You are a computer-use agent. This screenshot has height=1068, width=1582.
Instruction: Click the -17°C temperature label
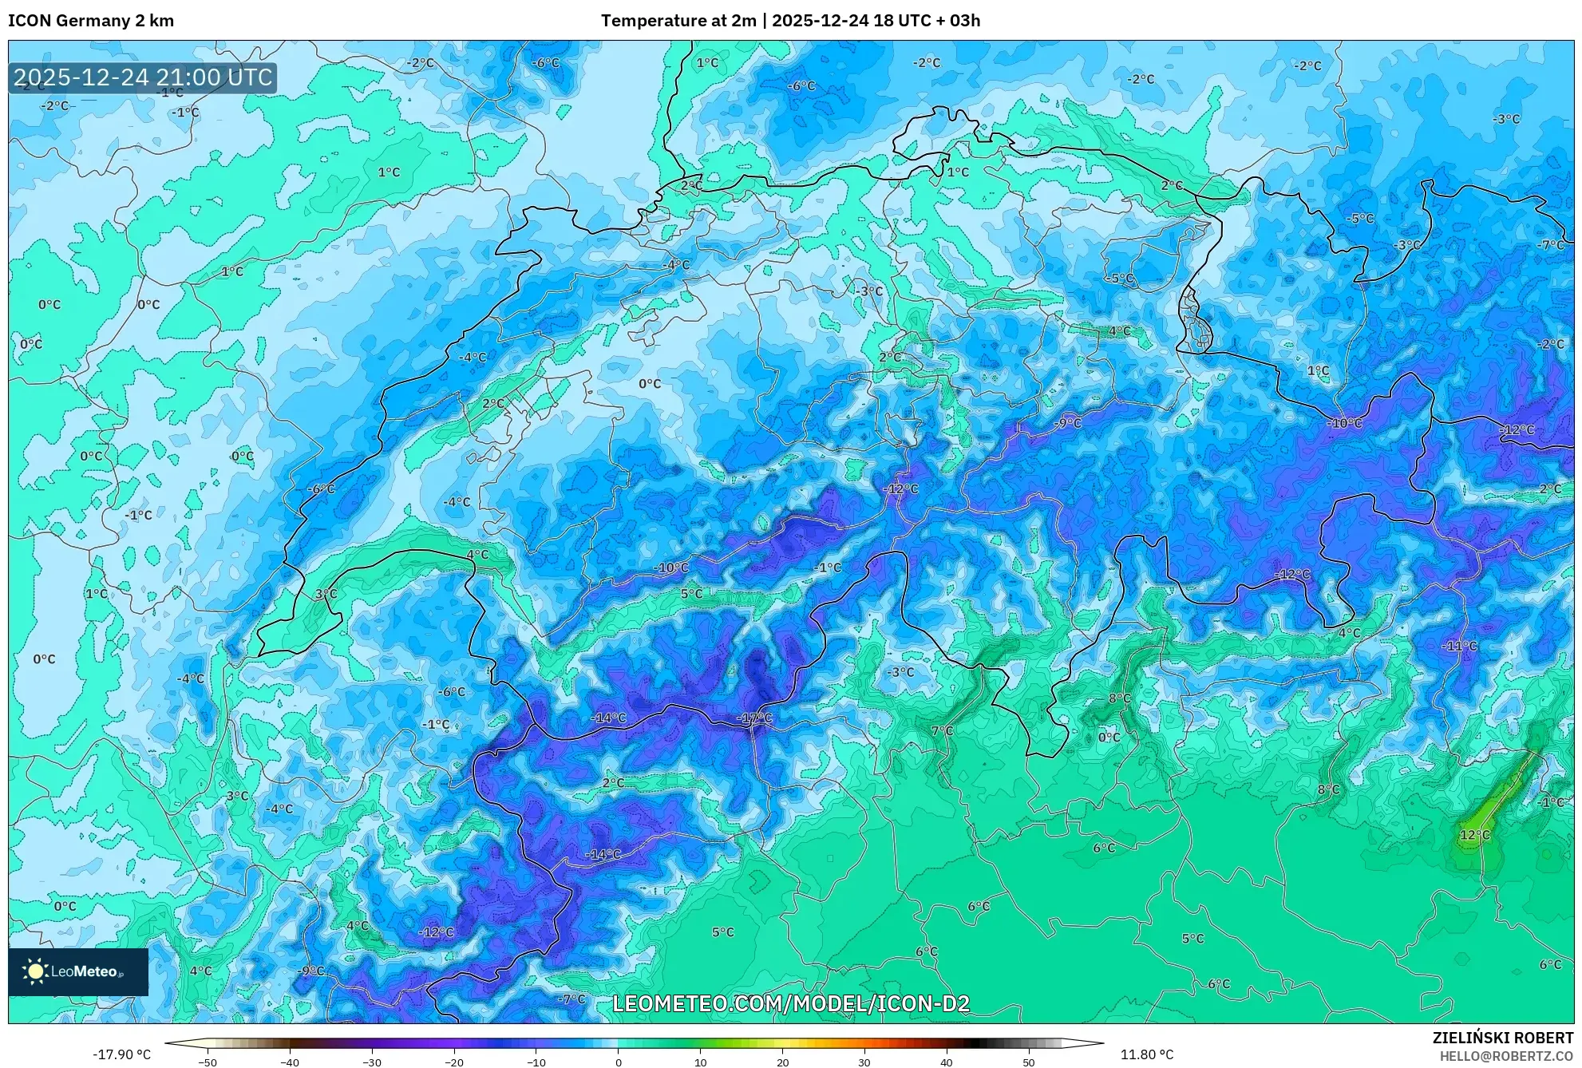point(754,718)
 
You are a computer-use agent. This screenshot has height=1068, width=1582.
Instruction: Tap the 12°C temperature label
point(1474,835)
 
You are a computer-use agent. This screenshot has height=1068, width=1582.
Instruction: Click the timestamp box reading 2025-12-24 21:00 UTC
point(143,77)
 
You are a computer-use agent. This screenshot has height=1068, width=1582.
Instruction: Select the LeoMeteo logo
point(77,971)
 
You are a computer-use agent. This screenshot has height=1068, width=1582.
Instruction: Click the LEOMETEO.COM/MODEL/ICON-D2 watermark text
point(791,1003)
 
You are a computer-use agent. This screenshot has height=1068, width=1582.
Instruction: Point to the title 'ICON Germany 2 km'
point(91,21)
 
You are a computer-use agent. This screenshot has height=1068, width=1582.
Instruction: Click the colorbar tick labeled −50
point(207,1062)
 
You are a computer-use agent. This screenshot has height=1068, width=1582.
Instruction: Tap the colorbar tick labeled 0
point(618,1062)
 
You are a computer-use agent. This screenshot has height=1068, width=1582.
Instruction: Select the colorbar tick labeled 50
point(1029,1062)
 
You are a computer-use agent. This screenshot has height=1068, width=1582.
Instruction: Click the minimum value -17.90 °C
point(121,1054)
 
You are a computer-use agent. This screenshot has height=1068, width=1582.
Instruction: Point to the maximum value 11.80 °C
point(1147,1054)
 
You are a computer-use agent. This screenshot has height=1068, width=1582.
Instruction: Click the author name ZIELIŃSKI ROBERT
point(1503,1038)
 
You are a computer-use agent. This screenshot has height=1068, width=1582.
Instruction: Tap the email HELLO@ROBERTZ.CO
point(1506,1056)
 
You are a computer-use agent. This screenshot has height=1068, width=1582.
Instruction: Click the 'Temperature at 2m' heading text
point(678,21)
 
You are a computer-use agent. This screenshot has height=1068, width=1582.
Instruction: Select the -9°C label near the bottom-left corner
point(310,971)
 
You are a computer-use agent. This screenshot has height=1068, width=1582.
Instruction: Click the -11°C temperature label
point(1460,646)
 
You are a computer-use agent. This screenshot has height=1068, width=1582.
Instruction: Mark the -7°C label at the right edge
point(1552,245)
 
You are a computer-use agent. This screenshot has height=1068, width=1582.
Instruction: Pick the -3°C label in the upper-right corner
point(1506,119)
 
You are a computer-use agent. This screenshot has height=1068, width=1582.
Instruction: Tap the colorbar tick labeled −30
point(371,1062)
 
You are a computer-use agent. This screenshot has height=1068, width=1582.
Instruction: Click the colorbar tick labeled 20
point(782,1062)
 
